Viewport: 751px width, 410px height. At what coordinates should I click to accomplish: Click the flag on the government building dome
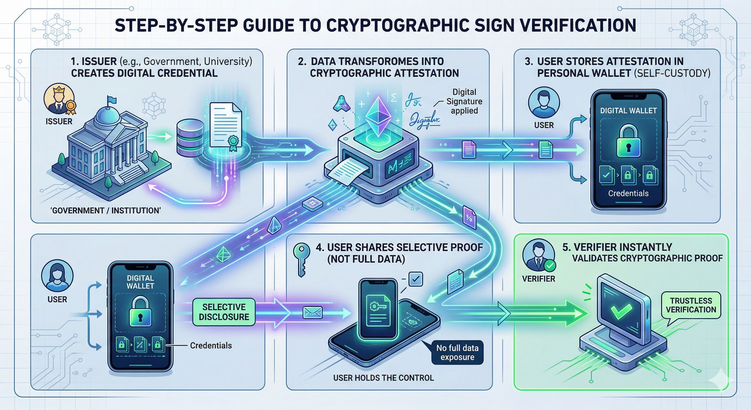click(112, 100)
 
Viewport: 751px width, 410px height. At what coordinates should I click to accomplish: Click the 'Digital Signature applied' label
click(464, 101)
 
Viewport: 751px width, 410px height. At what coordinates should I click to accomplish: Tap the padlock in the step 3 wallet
click(629, 141)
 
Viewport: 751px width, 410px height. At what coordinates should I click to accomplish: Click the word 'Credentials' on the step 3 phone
click(628, 193)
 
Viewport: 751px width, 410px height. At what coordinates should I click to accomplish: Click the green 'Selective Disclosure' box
click(224, 312)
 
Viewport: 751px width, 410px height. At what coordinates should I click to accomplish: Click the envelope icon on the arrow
click(313, 313)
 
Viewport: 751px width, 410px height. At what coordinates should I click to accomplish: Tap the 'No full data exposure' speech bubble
click(457, 353)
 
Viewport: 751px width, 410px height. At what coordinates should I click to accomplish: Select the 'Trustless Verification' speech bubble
click(691, 305)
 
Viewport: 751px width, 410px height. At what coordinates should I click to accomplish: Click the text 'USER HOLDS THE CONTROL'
click(384, 378)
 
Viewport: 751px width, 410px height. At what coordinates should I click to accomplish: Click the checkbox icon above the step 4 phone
click(416, 279)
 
